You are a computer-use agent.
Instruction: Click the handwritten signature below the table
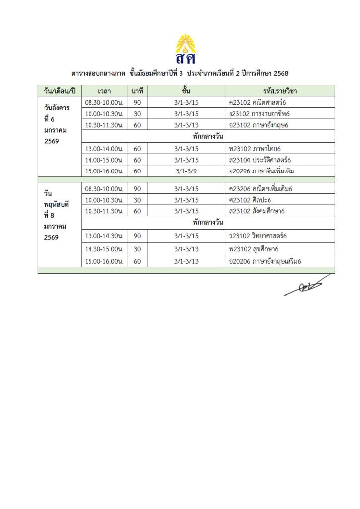[x=307, y=285]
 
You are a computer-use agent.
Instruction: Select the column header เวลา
[x=104, y=91]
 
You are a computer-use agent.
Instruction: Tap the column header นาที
[x=137, y=91]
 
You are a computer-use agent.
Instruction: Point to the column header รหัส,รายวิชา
[x=280, y=91]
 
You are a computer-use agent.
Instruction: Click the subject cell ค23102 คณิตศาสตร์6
[x=259, y=102]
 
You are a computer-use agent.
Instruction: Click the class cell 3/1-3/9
[x=186, y=171]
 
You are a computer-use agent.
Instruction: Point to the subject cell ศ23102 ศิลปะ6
[x=250, y=200]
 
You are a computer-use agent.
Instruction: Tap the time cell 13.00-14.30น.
[x=104, y=236]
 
